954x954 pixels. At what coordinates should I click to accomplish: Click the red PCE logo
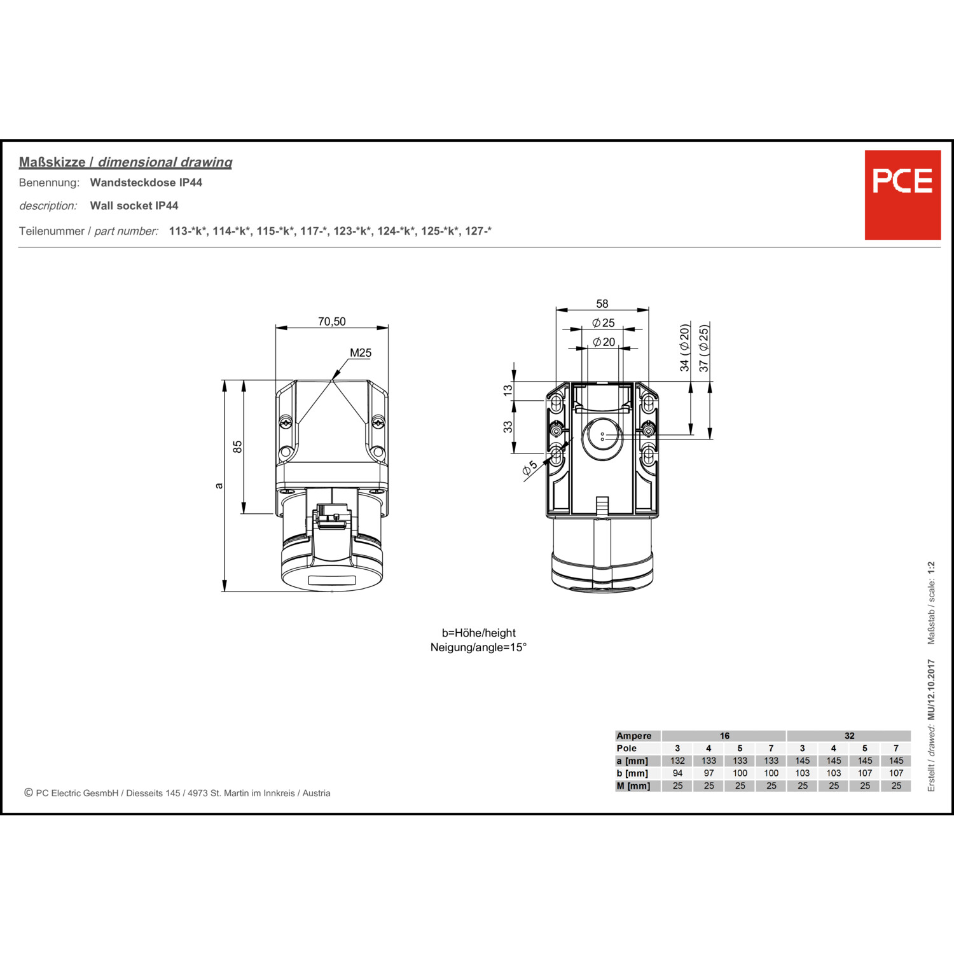coord(902,195)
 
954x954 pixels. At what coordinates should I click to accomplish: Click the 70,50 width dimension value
coord(331,322)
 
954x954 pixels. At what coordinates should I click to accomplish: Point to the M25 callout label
coord(361,353)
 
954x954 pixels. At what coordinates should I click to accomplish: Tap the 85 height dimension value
coord(238,446)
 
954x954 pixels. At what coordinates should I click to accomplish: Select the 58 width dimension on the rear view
coord(602,304)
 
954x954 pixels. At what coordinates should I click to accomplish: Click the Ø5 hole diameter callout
coord(529,467)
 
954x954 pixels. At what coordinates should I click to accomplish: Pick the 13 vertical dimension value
coord(508,390)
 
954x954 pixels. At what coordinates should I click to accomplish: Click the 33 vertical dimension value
coord(508,427)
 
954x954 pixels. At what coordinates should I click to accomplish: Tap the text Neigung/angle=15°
coord(478,647)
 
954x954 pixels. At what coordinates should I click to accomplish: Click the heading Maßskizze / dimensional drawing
coord(125,162)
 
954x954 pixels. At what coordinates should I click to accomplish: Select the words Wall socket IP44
coord(134,205)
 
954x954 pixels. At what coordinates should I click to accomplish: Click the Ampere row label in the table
coord(633,736)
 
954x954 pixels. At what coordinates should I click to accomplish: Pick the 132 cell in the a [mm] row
coord(677,761)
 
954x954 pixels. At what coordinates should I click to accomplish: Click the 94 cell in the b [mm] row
coord(677,773)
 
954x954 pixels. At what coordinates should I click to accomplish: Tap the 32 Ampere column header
coord(849,736)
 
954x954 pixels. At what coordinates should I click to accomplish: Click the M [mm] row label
coord(633,786)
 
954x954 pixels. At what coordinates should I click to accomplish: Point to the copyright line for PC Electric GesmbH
coord(177,793)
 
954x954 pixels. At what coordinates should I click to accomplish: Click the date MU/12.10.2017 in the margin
coord(931,689)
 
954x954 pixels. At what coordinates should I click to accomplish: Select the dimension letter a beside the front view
coord(219,486)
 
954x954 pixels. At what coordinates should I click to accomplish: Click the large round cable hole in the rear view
coord(602,439)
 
